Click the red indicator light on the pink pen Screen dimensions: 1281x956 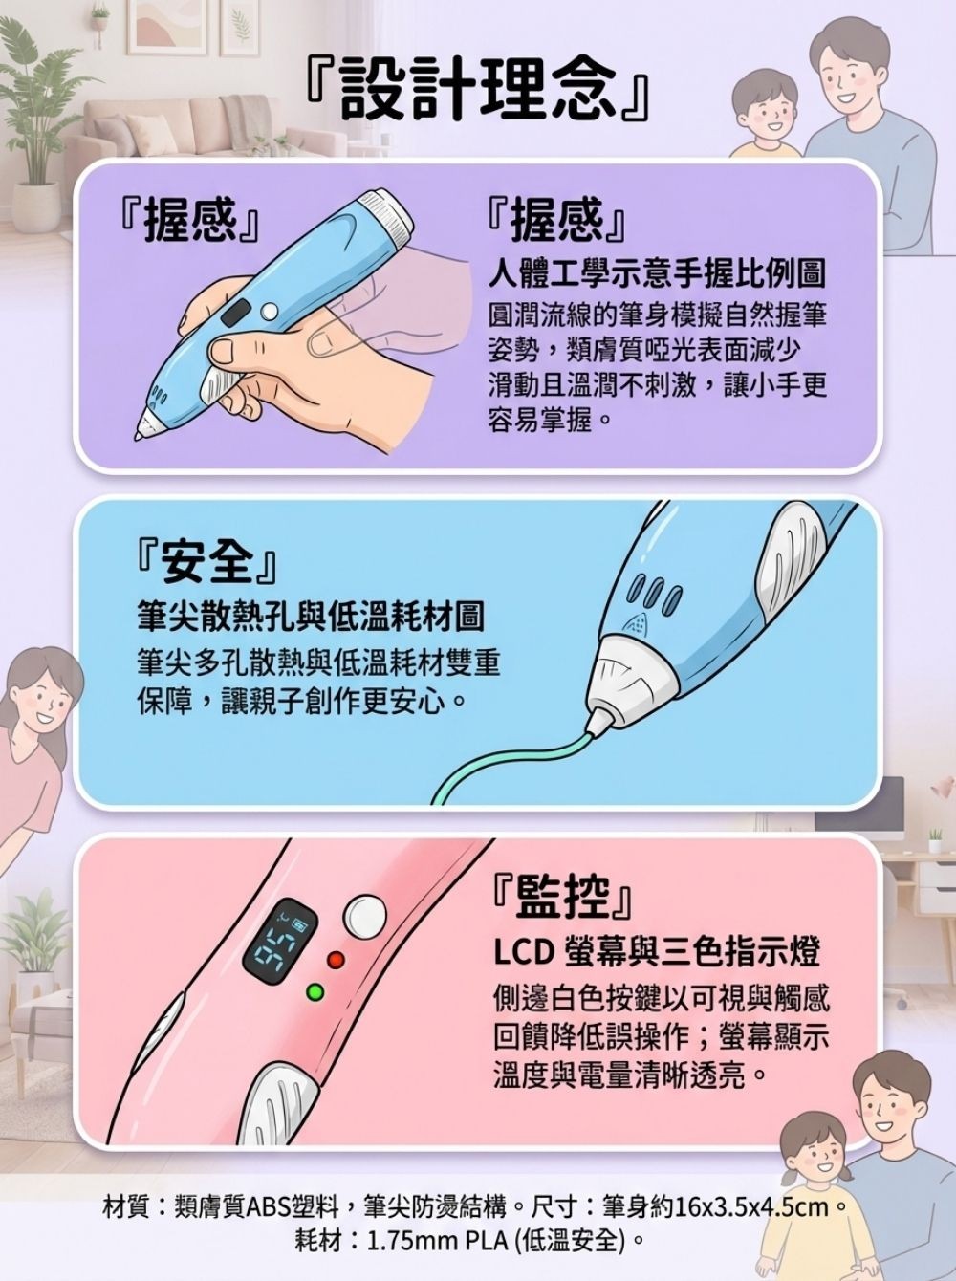coord(334,959)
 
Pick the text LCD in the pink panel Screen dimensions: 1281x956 coord(524,952)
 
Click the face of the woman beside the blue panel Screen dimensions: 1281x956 coord(40,693)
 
